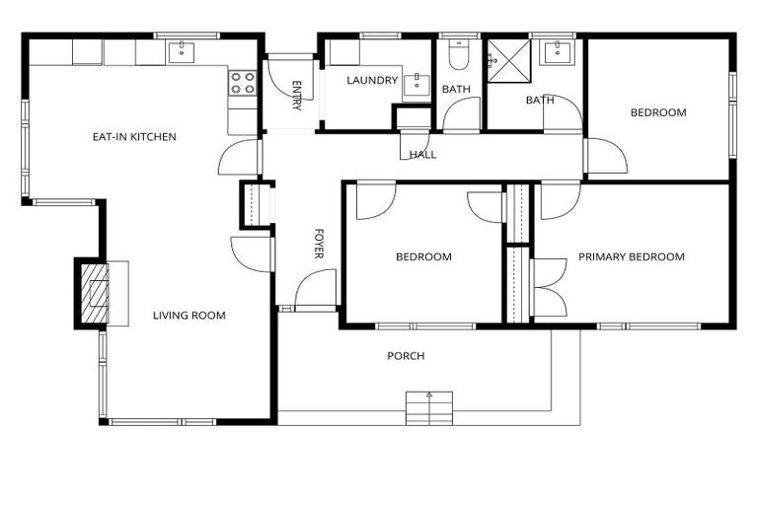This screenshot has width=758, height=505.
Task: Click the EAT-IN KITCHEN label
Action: [x=134, y=137]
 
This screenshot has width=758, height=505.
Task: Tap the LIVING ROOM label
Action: [x=189, y=316]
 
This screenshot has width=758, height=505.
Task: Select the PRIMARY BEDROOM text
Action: [x=632, y=256]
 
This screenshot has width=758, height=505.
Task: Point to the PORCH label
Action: [x=406, y=356]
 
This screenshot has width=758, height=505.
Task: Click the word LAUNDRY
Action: [x=372, y=80]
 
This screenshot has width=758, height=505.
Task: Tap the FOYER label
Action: [x=319, y=244]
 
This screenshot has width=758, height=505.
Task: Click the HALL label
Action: [x=423, y=155]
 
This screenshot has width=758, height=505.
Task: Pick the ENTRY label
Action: [x=297, y=96]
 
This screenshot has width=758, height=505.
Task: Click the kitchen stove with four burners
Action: [x=242, y=83]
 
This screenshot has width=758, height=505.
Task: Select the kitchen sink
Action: [x=182, y=52]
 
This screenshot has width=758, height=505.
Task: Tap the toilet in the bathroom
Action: [x=459, y=54]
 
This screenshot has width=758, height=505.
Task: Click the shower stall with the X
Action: [x=509, y=61]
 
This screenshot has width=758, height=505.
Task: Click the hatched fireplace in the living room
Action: [x=94, y=293]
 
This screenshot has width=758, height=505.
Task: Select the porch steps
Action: [x=429, y=408]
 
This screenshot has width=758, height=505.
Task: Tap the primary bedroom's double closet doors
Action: [x=549, y=288]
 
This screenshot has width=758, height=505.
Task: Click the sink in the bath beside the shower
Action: [x=558, y=52]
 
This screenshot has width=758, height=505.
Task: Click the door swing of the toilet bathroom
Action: [x=462, y=114]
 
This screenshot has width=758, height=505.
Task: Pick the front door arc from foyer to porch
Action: [x=315, y=288]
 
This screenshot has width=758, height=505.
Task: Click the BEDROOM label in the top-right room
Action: [x=658, y=112]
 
